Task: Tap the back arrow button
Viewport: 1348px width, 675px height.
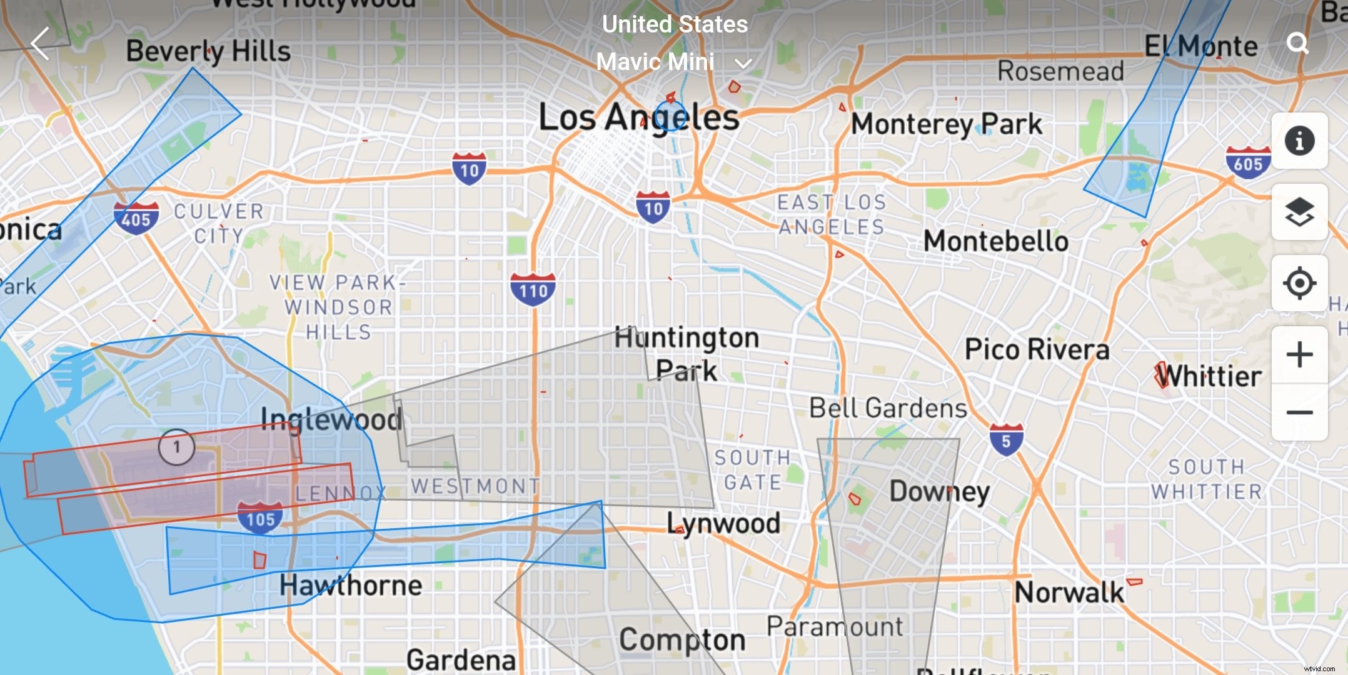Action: click(40, 44)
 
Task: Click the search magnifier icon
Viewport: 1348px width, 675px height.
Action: click(1298, 43)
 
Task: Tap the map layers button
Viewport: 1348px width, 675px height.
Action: click(1299, 212)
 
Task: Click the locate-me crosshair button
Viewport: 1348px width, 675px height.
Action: click(1299, 283)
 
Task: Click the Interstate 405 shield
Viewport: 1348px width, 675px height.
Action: click(136, 218)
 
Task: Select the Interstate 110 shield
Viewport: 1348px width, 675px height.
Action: click(533, 289)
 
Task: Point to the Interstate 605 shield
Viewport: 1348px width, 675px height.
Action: click(1248, 162)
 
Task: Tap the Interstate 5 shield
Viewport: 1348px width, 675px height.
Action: click(1006, 439)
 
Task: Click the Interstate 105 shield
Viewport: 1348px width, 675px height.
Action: click(260, 517)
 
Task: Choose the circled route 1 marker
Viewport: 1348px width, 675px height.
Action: click(177, 446)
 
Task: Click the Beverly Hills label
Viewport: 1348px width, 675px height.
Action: click(208, 51)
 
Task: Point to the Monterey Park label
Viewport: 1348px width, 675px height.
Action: click(947, 124)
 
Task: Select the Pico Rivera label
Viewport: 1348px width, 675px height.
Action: click(1037, 349)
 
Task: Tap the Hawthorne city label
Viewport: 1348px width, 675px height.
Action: click(350, 586)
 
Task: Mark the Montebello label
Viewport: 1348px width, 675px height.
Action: click(996, 241)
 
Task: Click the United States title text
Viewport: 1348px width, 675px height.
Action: click(675, 24)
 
